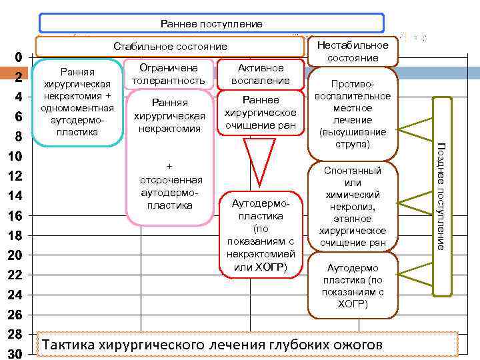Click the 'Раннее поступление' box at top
coord(211,24)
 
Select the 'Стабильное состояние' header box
coord(170,47)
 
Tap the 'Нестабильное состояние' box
coord(352,51)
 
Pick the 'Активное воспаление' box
coord(260,74)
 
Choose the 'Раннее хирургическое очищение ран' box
coord(260,112)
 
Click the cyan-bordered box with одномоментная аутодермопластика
coord(77,101)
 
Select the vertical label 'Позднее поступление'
coord(441,196)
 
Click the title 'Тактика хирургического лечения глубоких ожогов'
coord(212,345)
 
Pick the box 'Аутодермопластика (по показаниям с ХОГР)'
coord(353,285)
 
